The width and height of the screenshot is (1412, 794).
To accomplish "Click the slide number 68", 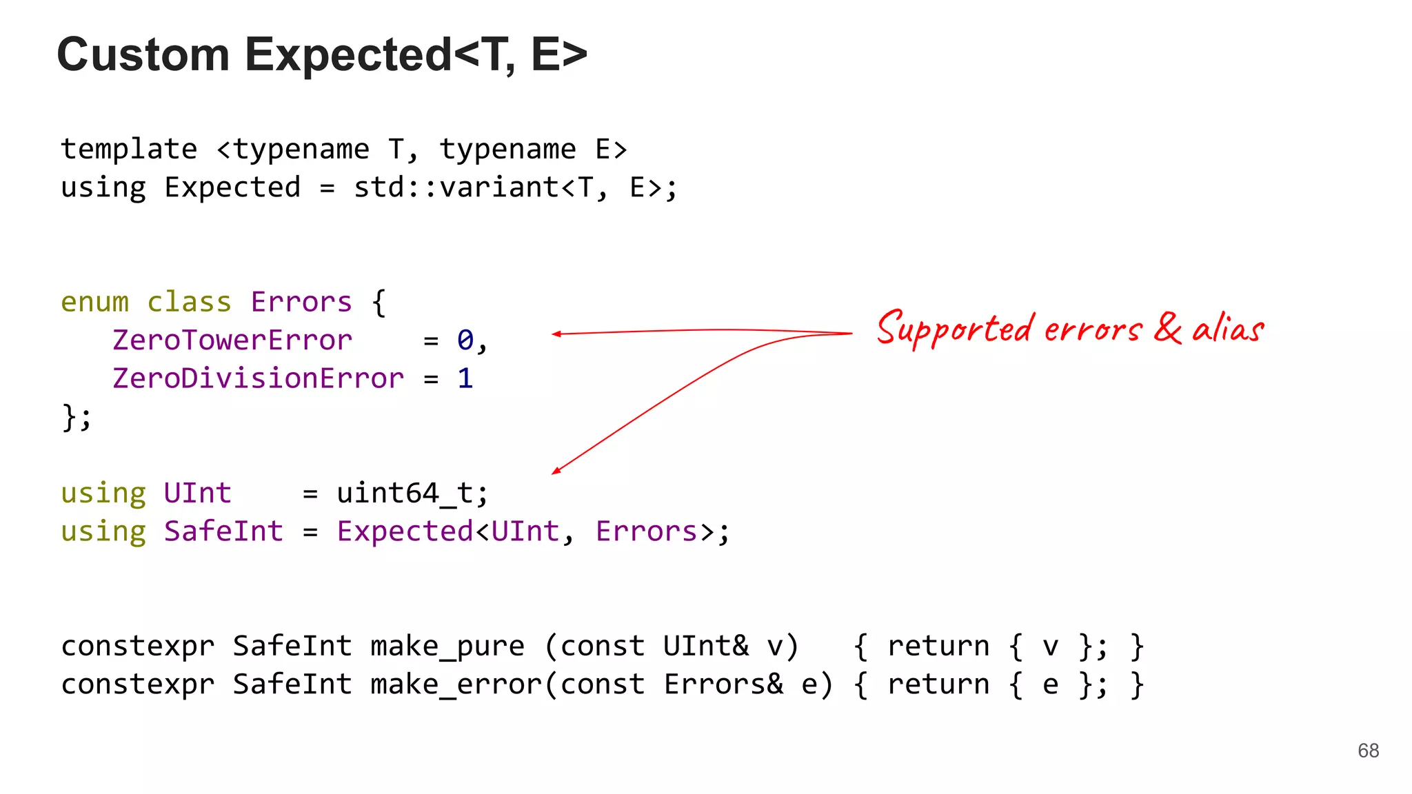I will (1368, 751).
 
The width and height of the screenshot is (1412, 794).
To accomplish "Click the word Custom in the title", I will (143, 54).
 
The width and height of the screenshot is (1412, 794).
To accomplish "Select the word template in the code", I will (129, 150).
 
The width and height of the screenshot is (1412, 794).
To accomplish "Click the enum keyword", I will (94, 303).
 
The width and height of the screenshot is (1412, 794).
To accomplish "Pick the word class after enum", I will (189, 303).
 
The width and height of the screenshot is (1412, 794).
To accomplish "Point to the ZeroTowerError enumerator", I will (232, 340).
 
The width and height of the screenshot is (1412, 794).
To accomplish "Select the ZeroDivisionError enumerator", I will (258, 378).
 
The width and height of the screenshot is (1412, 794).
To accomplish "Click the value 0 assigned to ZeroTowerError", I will (465, 340).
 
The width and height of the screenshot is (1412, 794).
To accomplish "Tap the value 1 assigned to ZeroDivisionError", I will (465, 378).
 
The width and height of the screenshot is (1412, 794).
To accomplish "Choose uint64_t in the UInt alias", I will (404, 493).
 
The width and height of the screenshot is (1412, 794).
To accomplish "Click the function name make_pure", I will (447, 647).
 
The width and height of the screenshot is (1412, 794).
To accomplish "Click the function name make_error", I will (456, 684).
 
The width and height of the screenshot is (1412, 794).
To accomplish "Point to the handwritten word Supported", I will (955, 329).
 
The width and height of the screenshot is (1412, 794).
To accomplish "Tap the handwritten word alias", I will (1228, 328).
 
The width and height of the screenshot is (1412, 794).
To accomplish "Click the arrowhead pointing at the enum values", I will (556, 334).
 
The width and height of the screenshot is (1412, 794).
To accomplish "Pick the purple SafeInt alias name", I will (223, 531).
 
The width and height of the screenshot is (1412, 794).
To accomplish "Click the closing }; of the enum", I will (76, 417).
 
